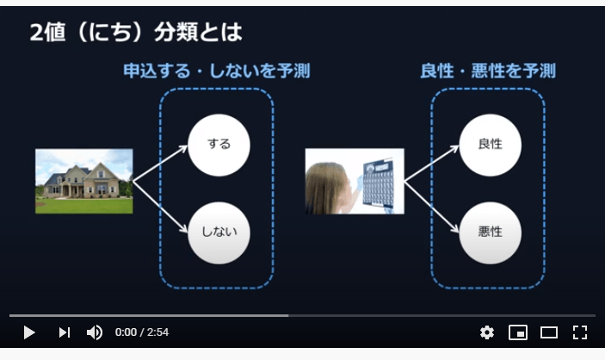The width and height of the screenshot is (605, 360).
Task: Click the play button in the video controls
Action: (28, 332)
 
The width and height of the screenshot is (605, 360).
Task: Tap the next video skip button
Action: (64, 332)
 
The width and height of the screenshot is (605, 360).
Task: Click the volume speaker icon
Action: (95, 332)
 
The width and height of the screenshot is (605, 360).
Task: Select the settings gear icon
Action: (487, 332)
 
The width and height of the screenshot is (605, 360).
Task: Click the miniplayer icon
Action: (517, 332)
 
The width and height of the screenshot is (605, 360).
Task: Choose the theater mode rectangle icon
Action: (549, 332)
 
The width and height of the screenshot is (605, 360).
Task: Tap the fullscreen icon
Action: (580, 332)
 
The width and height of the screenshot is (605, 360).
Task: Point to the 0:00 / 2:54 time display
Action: (142, 332)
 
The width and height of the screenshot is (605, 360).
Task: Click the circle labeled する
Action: (219, 144)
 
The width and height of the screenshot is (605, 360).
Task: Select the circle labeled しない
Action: (219, 232)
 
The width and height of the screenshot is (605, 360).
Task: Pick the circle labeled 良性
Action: (491, 144)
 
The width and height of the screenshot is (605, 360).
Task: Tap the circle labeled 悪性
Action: (491, 232)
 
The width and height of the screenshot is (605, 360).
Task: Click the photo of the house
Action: (84, 181)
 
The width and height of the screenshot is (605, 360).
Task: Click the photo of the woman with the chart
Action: (355, 181)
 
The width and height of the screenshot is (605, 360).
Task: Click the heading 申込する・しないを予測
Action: (216, 71)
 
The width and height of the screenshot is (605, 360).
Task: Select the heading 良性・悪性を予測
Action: (488, 71)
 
